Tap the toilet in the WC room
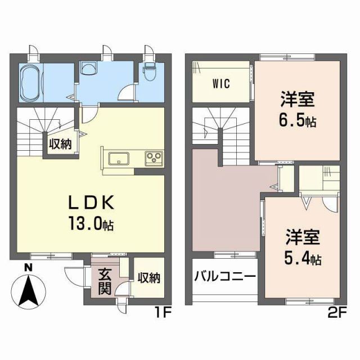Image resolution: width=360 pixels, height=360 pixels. click(x=149, y=71)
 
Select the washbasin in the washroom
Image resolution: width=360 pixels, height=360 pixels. click(x=88, y=69)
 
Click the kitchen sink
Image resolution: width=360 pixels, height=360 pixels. click(x=118, y=158)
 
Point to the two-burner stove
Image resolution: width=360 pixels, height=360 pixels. click(x=154, y=157)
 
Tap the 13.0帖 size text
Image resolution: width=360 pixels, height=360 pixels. click(x=92, y=224)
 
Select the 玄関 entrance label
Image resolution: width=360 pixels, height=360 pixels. click(x=105, y=281)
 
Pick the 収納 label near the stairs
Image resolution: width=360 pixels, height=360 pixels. click(x=60, y=145)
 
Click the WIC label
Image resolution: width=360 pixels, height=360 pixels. click(x=222, y=85)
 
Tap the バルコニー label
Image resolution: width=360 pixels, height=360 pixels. click(x=226, y=277)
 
